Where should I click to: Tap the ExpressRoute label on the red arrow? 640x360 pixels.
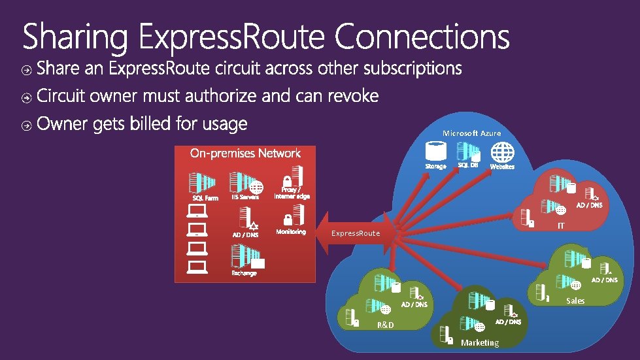(355, 233)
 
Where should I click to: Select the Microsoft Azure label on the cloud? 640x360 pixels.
(471, 133)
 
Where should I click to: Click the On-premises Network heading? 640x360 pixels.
(245, 154)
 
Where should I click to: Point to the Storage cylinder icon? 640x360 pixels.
(435, 152)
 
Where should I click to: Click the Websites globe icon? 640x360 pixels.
(502, 152)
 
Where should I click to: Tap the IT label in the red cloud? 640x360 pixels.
(560, 226)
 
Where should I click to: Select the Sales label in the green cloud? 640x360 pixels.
(575, 301)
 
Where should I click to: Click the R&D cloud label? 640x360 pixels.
(386, 325)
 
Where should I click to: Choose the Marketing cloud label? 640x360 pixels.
(479, 342)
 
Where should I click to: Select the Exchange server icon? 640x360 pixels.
(244, 256)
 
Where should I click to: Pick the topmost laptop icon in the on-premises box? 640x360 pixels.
(197, 210)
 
